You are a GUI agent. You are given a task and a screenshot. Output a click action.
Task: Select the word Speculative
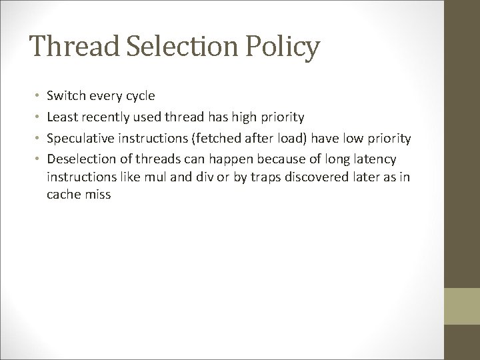[80, 139]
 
